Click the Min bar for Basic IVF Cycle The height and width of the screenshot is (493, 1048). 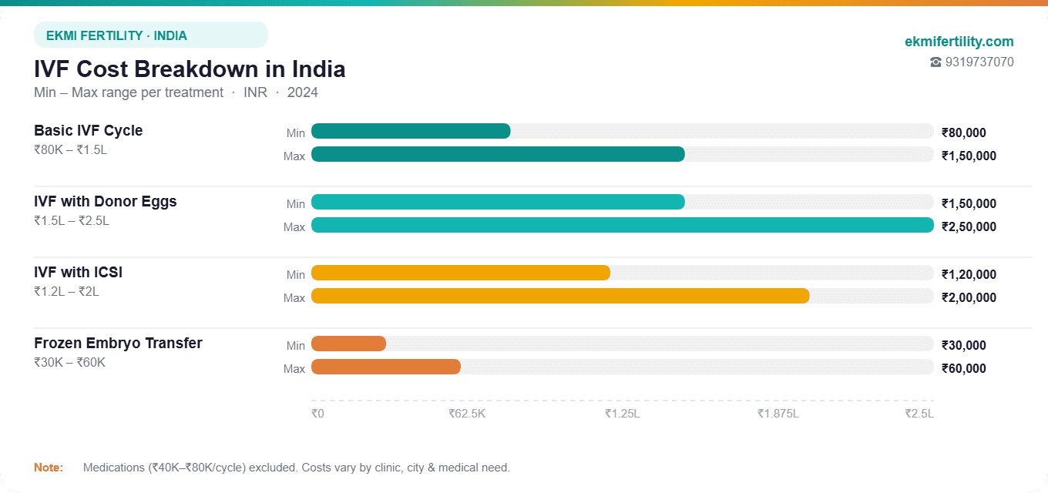point(411,131)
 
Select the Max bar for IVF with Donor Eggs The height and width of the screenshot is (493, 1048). point(622,225)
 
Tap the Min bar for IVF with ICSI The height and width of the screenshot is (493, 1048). point(460,273)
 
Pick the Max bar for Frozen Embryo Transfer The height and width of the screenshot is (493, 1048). point(385,367)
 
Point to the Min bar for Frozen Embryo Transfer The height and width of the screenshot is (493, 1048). point(348,344)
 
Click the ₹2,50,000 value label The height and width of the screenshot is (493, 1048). point(969,226)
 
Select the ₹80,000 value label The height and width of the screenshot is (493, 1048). point(963,132)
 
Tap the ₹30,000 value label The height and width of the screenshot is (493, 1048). point(963,345)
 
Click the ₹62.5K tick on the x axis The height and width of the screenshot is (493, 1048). point(467,414)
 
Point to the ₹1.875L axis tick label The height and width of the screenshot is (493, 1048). point(778,414)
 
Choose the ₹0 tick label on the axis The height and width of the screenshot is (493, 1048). point(317,414)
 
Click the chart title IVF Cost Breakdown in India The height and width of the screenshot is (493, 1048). point(190,69)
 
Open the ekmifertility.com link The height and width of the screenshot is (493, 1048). point(959,42)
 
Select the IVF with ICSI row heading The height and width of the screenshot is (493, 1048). point(78,273)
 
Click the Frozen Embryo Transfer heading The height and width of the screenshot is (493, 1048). point(118,344)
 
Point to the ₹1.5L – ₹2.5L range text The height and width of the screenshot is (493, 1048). point(72,221)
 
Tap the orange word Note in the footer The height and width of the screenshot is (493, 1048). point(48,468)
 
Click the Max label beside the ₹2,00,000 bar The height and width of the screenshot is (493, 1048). point(294,298)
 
